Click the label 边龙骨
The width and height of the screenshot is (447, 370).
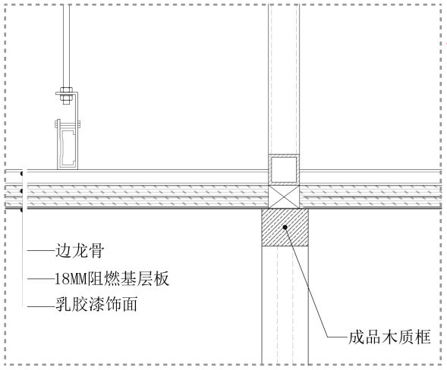[x=80, y=251]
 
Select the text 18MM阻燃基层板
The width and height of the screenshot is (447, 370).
[x=112, y=278]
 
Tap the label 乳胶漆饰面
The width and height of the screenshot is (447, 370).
[x=96, y=304]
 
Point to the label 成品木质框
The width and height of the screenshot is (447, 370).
[x=389, y=337]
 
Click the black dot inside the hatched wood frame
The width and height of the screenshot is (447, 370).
[x=285, y=227]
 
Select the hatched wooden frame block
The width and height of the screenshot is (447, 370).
[x=285, y=227]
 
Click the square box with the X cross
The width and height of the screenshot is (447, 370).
[x=284, y=197]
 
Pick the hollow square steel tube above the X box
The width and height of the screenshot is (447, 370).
[x=284, y=170]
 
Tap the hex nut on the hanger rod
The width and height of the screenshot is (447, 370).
[x=66, y=90]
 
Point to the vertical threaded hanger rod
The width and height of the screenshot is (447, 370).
[x=66, y=46]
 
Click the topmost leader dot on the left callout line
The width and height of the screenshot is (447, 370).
[x=22, y=174]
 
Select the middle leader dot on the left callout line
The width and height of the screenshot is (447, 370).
[x=22, y=191]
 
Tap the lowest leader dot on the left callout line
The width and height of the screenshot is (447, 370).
[x=22, y=210]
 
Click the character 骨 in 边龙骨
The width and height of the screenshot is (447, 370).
[x=96, y=251]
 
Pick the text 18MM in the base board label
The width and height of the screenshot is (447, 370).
[x=71, y=278]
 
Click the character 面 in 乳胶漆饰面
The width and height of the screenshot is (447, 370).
[x=130, y=304]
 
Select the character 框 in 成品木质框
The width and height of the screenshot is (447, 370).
[x=423, y=337]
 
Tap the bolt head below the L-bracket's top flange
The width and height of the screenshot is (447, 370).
[x=66, y=99]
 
